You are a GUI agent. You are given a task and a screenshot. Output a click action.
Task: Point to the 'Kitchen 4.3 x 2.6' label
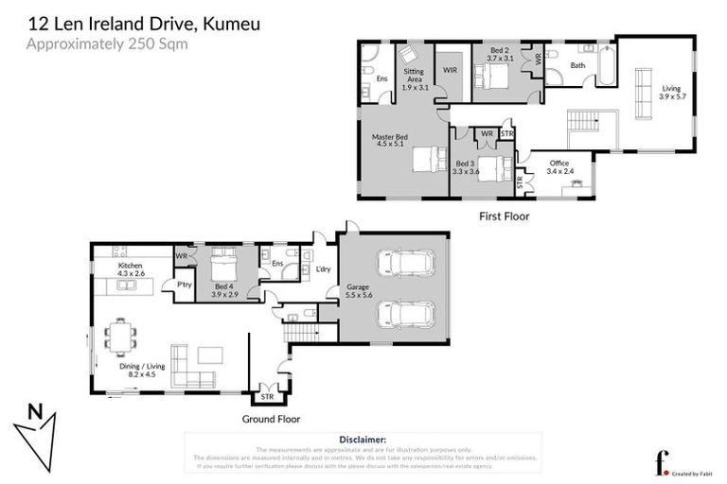coord(130,270)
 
